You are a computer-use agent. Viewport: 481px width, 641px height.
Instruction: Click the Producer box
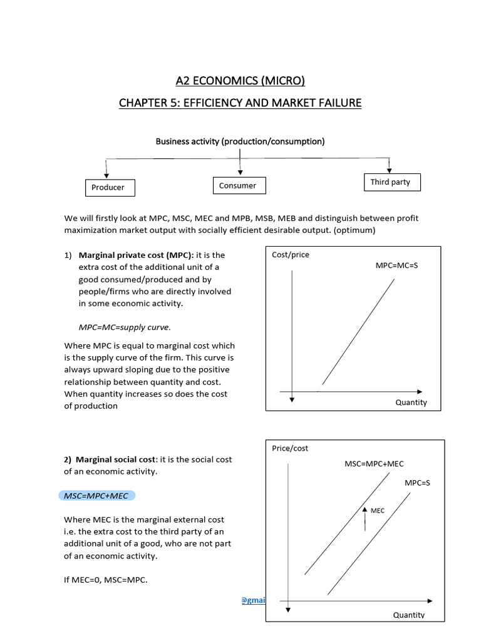108,187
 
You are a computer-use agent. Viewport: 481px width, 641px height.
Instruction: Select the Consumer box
238,185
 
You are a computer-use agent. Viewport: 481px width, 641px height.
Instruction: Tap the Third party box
391,182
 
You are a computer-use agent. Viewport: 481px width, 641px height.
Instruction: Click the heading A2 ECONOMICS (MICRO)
240,80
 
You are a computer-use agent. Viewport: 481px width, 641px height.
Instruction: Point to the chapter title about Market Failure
240,102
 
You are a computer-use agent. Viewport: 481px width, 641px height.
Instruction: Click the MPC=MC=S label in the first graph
396,265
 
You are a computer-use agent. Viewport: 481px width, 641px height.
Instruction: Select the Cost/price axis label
291,255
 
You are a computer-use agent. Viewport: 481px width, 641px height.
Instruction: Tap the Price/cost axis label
290,448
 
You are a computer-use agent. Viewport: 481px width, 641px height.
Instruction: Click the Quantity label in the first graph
411,403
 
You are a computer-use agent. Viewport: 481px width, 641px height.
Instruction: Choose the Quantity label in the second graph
409,615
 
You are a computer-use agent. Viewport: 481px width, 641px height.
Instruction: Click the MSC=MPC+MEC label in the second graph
375,464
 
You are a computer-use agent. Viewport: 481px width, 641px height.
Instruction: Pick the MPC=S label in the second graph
417,483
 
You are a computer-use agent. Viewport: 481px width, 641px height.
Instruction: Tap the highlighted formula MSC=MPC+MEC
96,496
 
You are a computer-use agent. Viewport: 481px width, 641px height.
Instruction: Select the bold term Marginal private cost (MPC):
120,255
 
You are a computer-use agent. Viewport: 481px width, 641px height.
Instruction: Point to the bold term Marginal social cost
113,459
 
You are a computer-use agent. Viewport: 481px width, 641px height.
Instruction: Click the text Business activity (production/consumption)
240,141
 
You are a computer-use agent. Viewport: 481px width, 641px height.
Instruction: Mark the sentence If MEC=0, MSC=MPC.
106,580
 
